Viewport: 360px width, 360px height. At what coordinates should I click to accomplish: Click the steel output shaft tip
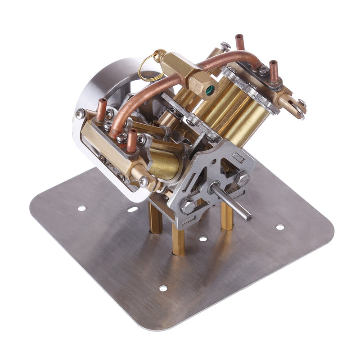[247, 217]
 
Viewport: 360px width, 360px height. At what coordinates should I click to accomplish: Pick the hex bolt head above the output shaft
[242, 179]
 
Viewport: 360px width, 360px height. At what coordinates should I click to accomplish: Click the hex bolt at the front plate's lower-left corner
[187, 207]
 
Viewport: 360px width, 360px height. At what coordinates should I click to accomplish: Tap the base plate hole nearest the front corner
[163, 288]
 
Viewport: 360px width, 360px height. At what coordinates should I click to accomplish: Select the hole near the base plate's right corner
[280, 227]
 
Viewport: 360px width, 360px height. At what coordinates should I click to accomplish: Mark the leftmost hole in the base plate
[81, 208]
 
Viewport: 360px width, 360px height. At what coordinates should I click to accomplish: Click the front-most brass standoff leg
[178, 241]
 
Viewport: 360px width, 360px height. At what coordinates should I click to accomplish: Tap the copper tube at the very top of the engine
[240, 42]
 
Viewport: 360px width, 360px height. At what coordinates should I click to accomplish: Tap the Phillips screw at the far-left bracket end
[80, 114]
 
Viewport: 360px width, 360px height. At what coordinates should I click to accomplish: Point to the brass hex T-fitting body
[182, 71]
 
